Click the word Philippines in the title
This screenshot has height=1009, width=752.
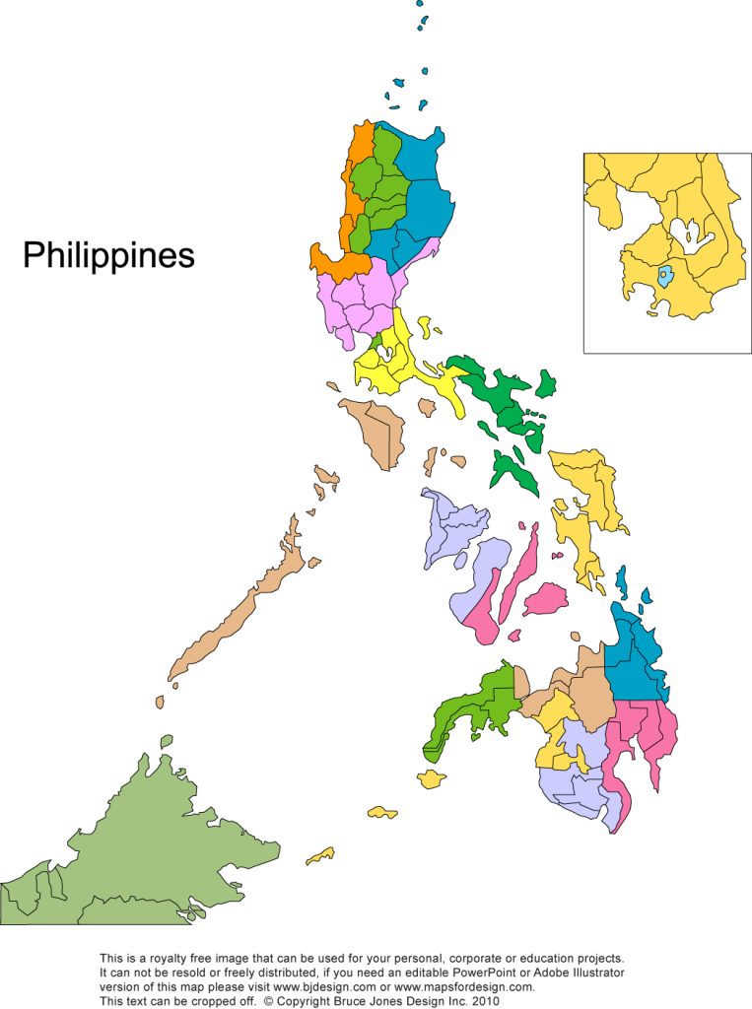point(108,255)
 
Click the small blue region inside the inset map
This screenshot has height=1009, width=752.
point(666,275)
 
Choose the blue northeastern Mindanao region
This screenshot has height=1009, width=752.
point(636,655)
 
